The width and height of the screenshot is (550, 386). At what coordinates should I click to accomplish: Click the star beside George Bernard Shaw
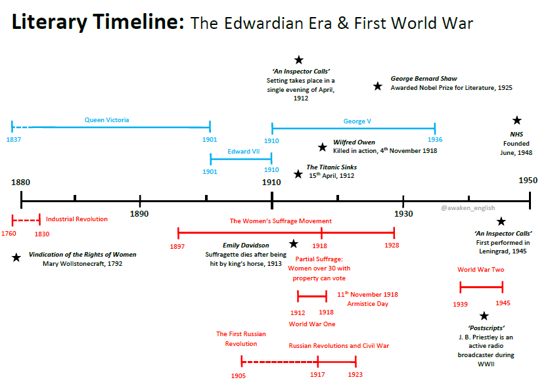point(377,86)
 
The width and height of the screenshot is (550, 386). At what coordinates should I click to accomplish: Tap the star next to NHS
point(517,120)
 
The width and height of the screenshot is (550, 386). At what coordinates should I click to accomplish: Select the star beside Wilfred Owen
point(322,147)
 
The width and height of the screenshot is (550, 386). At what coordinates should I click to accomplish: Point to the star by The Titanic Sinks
point(298,174)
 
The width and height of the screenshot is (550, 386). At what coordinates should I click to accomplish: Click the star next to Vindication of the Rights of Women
point(16,257)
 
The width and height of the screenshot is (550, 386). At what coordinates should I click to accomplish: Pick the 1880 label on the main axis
point(21,182)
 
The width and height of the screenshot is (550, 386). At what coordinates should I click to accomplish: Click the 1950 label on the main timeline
point(528,181)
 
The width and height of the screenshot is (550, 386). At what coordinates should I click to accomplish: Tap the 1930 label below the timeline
point(403,214)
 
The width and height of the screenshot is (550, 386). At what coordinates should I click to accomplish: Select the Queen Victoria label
point(107,120)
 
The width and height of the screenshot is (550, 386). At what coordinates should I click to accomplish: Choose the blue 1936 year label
point(434,140)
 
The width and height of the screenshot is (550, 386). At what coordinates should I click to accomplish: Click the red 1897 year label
point(177,246)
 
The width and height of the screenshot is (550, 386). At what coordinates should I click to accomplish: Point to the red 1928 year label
point(392,246)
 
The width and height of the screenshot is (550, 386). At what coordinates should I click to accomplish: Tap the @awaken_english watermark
point(467,207)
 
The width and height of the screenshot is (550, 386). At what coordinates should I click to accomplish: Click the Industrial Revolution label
point(77,219)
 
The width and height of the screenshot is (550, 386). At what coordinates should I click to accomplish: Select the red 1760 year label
point(9,234)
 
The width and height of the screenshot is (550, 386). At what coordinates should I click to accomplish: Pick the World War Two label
point(481,269)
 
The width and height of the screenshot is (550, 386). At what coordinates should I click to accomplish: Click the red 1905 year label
point(239,376)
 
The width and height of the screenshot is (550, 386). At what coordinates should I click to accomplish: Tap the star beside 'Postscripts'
point(484,316)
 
